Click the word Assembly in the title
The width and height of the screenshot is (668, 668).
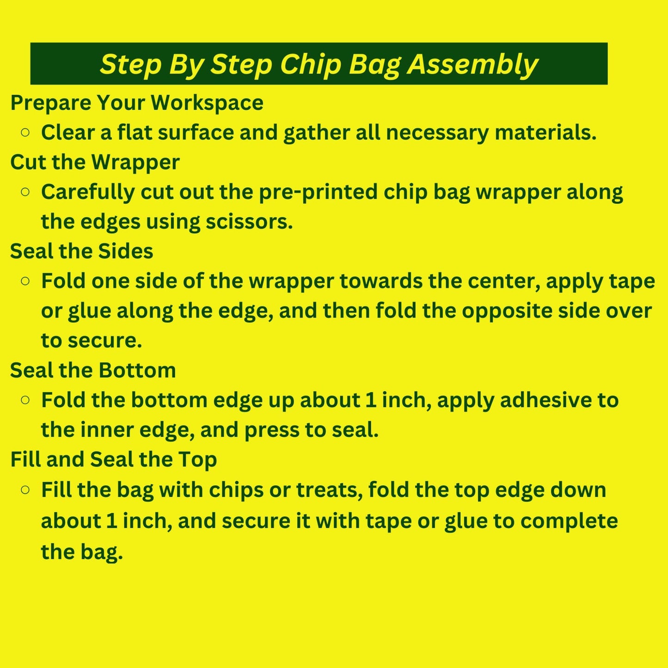click(472, 64)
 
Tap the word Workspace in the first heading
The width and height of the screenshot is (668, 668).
click(207, 103)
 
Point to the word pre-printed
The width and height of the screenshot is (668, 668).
click(318, 192)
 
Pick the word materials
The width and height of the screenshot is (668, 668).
click(545, 133)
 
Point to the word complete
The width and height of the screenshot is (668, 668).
click(569, 521)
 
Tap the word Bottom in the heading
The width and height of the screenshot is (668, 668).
click(137, 370)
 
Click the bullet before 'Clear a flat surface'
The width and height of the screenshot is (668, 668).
click(25, 133)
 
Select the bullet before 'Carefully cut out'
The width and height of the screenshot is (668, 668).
click(25, 192)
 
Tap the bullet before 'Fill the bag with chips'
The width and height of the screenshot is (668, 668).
click(25, 490)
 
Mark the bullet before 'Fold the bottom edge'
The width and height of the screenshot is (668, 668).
click(25, 400)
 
